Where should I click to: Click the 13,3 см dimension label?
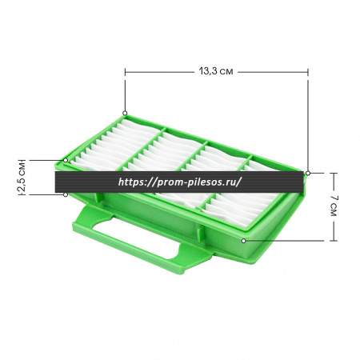pos(216,71)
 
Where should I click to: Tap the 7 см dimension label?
pos(334,206)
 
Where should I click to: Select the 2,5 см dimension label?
pos(22,178)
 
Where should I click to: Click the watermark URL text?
pos(180,182)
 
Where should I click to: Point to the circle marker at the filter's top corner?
pos(125,113)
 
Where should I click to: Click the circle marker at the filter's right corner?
pos(308,173)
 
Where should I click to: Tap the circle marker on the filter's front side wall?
pos(243,241)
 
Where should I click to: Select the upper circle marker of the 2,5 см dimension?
pos(66,160)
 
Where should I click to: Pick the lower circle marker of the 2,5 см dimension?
pos(66,194)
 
